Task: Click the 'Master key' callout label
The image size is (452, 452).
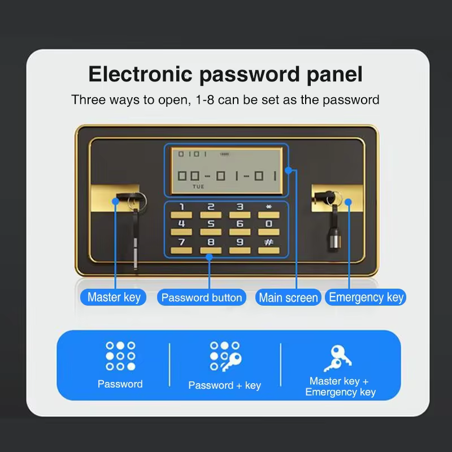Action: coord(114,297)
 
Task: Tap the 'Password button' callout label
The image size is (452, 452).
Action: coord(202,298)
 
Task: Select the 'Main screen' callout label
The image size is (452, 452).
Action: coord(288,298)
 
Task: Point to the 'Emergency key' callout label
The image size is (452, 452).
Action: coord(366,297)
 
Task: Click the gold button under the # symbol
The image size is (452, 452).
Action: coord(269,250)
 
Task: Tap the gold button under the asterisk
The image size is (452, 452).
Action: coord(269,215)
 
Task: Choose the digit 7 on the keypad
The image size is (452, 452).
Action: coord(181,242)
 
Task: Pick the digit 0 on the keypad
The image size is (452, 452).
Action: coord(269,224)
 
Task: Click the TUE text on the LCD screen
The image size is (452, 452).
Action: coord(198,186)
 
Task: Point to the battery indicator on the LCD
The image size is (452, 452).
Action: coord(224,154)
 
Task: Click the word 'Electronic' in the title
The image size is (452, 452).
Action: coord(140,74)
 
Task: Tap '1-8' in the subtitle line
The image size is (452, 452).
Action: coord(205,100)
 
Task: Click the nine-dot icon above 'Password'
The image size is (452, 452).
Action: coord(120,356)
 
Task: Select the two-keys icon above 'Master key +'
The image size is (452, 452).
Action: coord(337,358)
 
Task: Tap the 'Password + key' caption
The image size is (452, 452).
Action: coord(224,385)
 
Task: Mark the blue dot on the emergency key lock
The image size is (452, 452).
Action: coord(348,202)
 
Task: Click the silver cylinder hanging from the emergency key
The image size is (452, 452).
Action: coord(335,241)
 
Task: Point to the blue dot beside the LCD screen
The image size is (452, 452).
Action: coord(288,171)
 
